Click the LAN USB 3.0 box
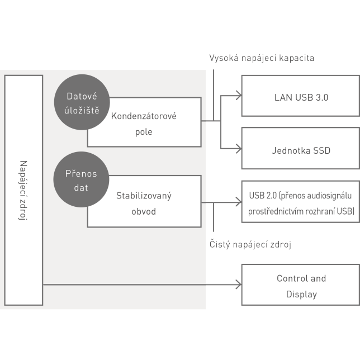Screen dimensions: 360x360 301,97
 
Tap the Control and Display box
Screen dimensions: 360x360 301,286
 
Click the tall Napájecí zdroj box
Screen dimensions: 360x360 23,190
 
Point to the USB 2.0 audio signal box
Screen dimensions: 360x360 301,203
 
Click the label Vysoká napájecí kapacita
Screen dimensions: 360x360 262,58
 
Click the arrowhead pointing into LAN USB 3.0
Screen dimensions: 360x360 238,96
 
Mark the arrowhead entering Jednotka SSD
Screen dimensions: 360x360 238,148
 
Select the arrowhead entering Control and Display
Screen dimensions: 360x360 238,285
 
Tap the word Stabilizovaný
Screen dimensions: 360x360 144,196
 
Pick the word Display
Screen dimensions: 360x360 301,294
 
